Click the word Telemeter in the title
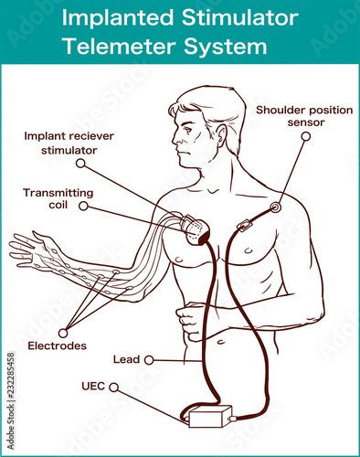120,47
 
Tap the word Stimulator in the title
240,17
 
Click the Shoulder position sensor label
304,116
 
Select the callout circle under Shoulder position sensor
306,136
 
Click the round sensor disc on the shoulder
275,207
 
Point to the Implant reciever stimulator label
69,143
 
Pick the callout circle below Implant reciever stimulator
80,164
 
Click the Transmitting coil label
58,198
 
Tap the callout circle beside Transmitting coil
83,206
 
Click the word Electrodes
57,345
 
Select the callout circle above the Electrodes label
63,333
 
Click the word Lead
126,359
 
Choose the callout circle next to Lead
149,360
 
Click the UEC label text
93,387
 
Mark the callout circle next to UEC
113,388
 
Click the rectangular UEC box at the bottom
209,417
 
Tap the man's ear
221,135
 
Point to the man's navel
221,342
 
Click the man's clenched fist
189,321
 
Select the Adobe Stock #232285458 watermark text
11,401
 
